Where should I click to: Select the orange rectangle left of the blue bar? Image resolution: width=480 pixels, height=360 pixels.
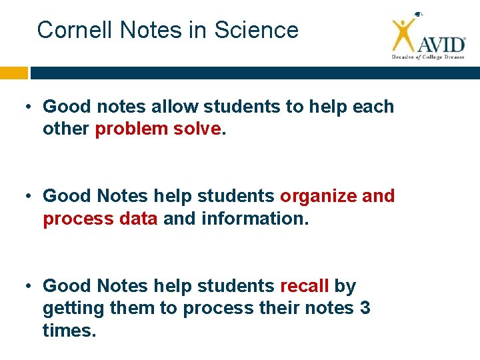click(14, 73)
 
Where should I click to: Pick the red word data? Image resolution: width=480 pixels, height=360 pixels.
click(139, 219)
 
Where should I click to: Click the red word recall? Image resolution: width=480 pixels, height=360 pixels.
click(304, 286)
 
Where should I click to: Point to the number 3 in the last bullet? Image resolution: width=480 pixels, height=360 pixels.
click(365, 309)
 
